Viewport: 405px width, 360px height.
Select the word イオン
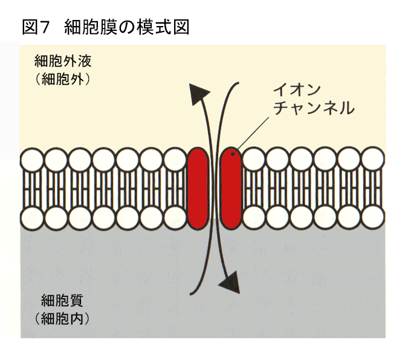click(293, 90)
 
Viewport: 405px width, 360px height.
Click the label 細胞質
click(62, 299)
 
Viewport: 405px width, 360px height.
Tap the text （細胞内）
click(62, 318)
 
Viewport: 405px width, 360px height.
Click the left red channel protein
click(197, 189)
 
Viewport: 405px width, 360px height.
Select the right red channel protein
click(231, 189)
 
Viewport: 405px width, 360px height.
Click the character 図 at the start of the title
click(29, 27)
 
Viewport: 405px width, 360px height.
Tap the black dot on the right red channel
click(233, 152)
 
